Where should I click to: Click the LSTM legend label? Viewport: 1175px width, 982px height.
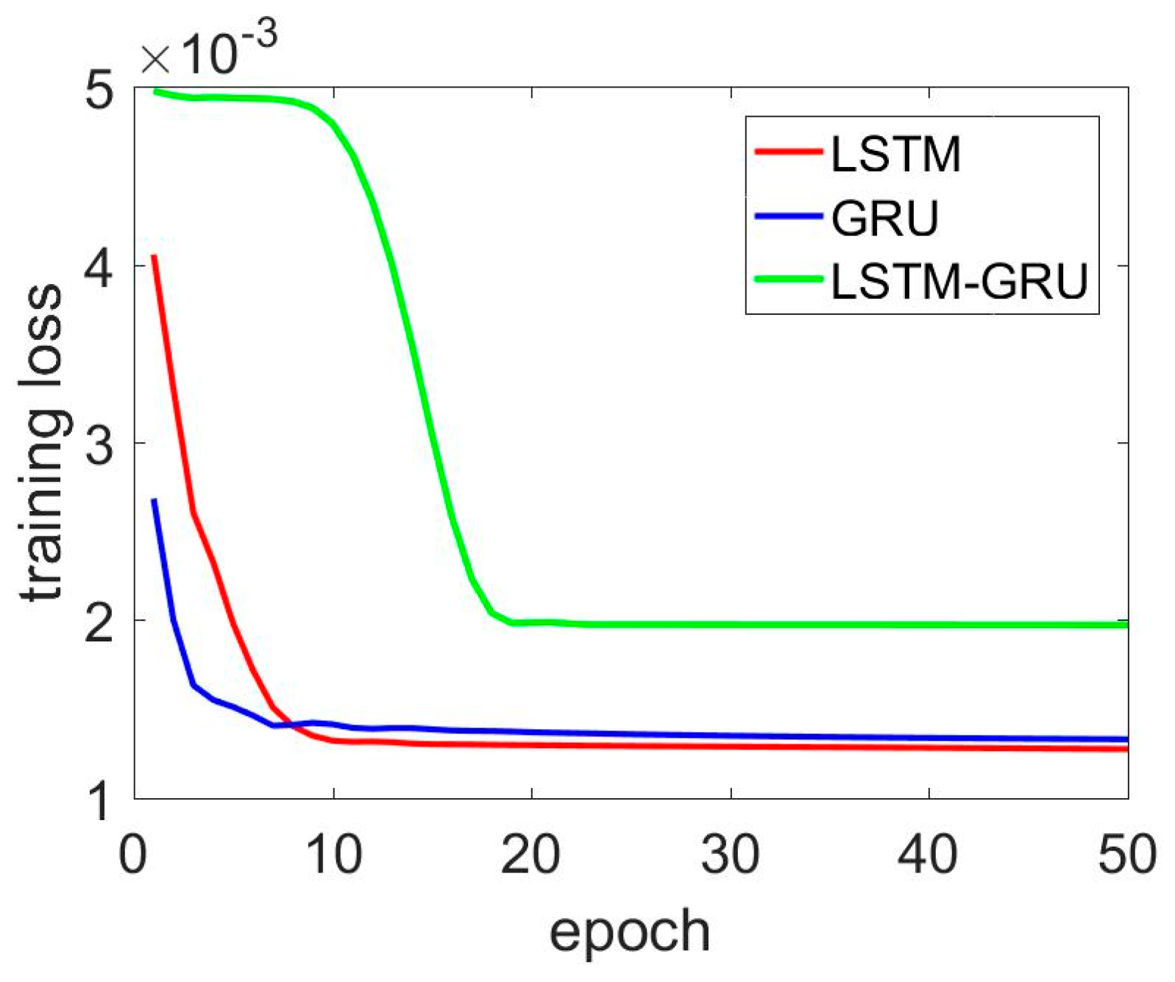tap(895, 154)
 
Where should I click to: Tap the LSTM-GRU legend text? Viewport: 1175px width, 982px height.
tap(959, 280)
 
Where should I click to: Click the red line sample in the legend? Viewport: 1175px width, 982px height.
tap(788, 152)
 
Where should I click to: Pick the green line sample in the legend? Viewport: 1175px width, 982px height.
tap(788, 279)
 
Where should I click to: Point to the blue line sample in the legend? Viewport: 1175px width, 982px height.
tap(788, 216)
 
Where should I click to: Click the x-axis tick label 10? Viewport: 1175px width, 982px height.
tap(333, 855)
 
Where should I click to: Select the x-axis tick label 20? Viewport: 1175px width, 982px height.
tap(531, 855)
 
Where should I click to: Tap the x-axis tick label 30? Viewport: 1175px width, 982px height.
tap(730, 855)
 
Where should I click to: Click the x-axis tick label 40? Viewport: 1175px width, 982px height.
tap(929, 855)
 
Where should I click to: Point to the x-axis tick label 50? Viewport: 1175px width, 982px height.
tap(1126, 855)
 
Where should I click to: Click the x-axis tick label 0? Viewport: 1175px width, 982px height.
tap(133, 855)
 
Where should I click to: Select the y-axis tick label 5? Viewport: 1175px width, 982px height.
tap(99, 92)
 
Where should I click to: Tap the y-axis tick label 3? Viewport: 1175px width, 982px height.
tap(99, 444)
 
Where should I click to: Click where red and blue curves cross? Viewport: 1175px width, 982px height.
tap(289, 724)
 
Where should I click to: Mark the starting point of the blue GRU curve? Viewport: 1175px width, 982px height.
tap(154, 500)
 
